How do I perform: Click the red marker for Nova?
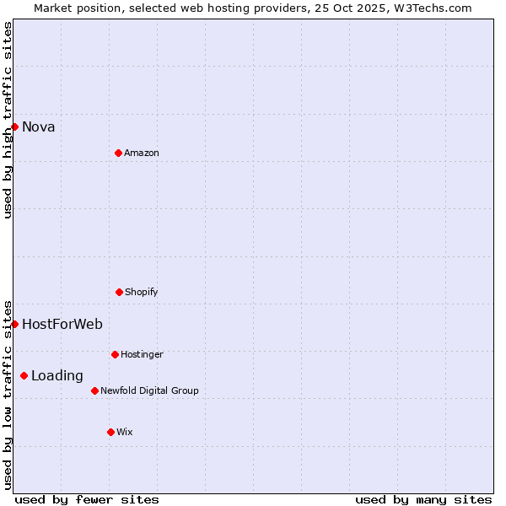point(14,126)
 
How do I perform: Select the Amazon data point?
point(118,153)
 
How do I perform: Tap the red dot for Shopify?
point(119,292)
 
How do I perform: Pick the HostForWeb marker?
point(14,324)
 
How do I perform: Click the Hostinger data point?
point(115,354)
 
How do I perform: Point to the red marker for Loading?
point(24,375)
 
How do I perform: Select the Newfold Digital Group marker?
point(94,390)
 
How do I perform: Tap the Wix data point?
point(110,432)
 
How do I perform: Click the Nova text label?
point(39,127)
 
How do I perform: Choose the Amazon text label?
point(142,153)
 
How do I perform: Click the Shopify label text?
point(142,292)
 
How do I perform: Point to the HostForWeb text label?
point(62,325)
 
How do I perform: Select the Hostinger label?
point(142,354)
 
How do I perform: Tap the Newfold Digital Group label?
point(149,390)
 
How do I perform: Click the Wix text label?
point(125,432)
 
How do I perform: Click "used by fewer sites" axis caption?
point(87,499)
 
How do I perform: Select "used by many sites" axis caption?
point(423,499)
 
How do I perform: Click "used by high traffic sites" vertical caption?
point(8,120)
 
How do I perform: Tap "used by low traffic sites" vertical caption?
point(8,394)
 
